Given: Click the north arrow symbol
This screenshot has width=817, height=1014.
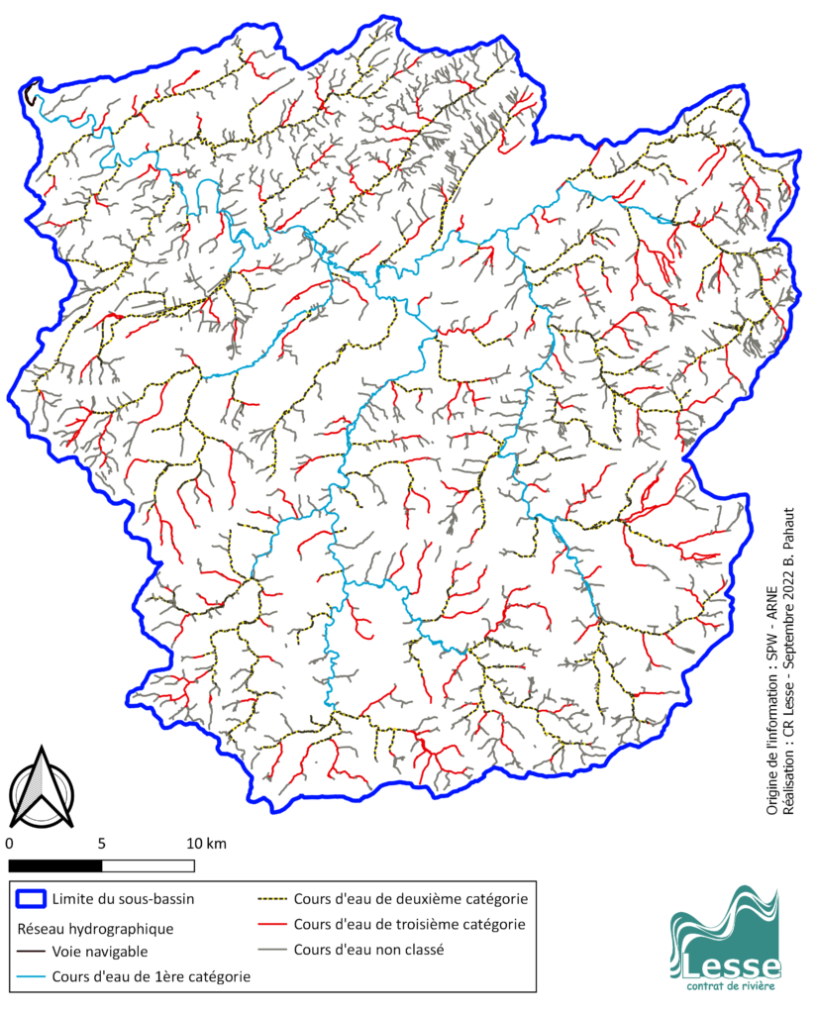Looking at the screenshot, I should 43,788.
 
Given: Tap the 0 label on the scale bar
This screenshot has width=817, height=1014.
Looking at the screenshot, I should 9,844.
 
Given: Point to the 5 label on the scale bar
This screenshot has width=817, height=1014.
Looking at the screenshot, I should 102,844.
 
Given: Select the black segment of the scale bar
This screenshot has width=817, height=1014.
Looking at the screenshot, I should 55,865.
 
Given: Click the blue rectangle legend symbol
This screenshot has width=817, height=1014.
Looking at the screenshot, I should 31,899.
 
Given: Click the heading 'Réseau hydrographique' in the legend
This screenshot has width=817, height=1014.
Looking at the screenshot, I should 96,929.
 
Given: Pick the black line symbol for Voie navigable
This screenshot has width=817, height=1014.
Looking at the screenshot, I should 31,952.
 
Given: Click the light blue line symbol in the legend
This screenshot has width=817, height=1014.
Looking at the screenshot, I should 31,976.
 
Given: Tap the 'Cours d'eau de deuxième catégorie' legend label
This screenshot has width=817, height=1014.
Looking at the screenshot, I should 410,899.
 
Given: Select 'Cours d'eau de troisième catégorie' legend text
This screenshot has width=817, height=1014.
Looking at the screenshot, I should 409,924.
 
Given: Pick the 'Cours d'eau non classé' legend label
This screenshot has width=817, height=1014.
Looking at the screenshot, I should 368,949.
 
